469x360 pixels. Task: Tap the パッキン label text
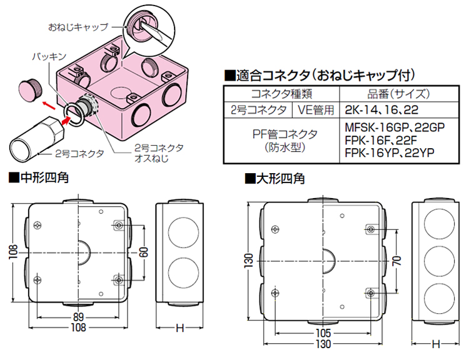point(49,56)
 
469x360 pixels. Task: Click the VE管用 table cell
point(315,110)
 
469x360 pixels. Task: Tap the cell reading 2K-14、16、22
point(376,110)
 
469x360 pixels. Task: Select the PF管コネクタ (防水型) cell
point(281,141)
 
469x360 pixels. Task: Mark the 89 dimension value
point(79,316)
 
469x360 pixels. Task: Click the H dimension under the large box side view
point(436,344)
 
